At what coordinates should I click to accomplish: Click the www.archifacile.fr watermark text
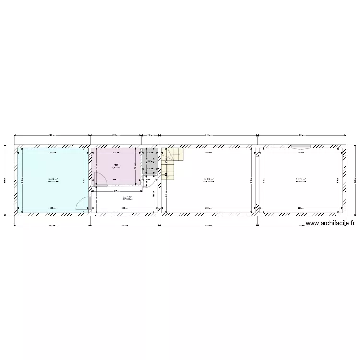pyautogui.click(x=330, y=223)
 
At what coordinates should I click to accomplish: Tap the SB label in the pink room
pyautogui.click(x=116, y=165)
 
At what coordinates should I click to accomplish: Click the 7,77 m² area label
pyautogui.click(x=127, y=197)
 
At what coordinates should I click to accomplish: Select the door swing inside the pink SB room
pyautogui.click(x=100, y=179)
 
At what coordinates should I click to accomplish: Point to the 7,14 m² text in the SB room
pyautogui.click(x=116, y=168)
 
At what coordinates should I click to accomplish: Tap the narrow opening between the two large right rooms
pyautogui.click(x=256, y=180)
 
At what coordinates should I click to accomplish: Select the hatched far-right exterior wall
pyautogui.click(x=344, y=180)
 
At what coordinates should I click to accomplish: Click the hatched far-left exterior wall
pyautogui.click(x=16, y=180)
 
